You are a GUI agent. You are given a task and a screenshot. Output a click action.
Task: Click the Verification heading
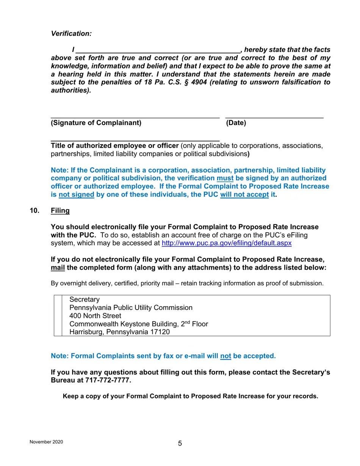point(71,34)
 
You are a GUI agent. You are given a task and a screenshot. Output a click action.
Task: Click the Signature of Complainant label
point(96,123)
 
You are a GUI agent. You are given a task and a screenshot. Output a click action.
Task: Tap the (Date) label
point(236,123)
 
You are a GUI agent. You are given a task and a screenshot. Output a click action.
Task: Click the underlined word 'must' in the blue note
point(225,178)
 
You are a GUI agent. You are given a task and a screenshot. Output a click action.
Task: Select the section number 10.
point(34,211)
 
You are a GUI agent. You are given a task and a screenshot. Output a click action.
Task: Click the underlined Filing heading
point(60,211)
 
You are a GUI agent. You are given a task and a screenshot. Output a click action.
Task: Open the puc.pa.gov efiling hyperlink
point(226,243)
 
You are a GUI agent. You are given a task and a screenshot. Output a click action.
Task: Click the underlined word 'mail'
point(58,268)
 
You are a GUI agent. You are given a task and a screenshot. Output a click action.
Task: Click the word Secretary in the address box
point(84,300)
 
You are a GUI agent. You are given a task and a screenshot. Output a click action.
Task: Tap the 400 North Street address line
point(95,316)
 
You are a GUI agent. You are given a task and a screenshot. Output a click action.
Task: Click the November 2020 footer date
point(46,442)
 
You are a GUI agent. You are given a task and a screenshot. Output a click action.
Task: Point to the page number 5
point(180,444)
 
